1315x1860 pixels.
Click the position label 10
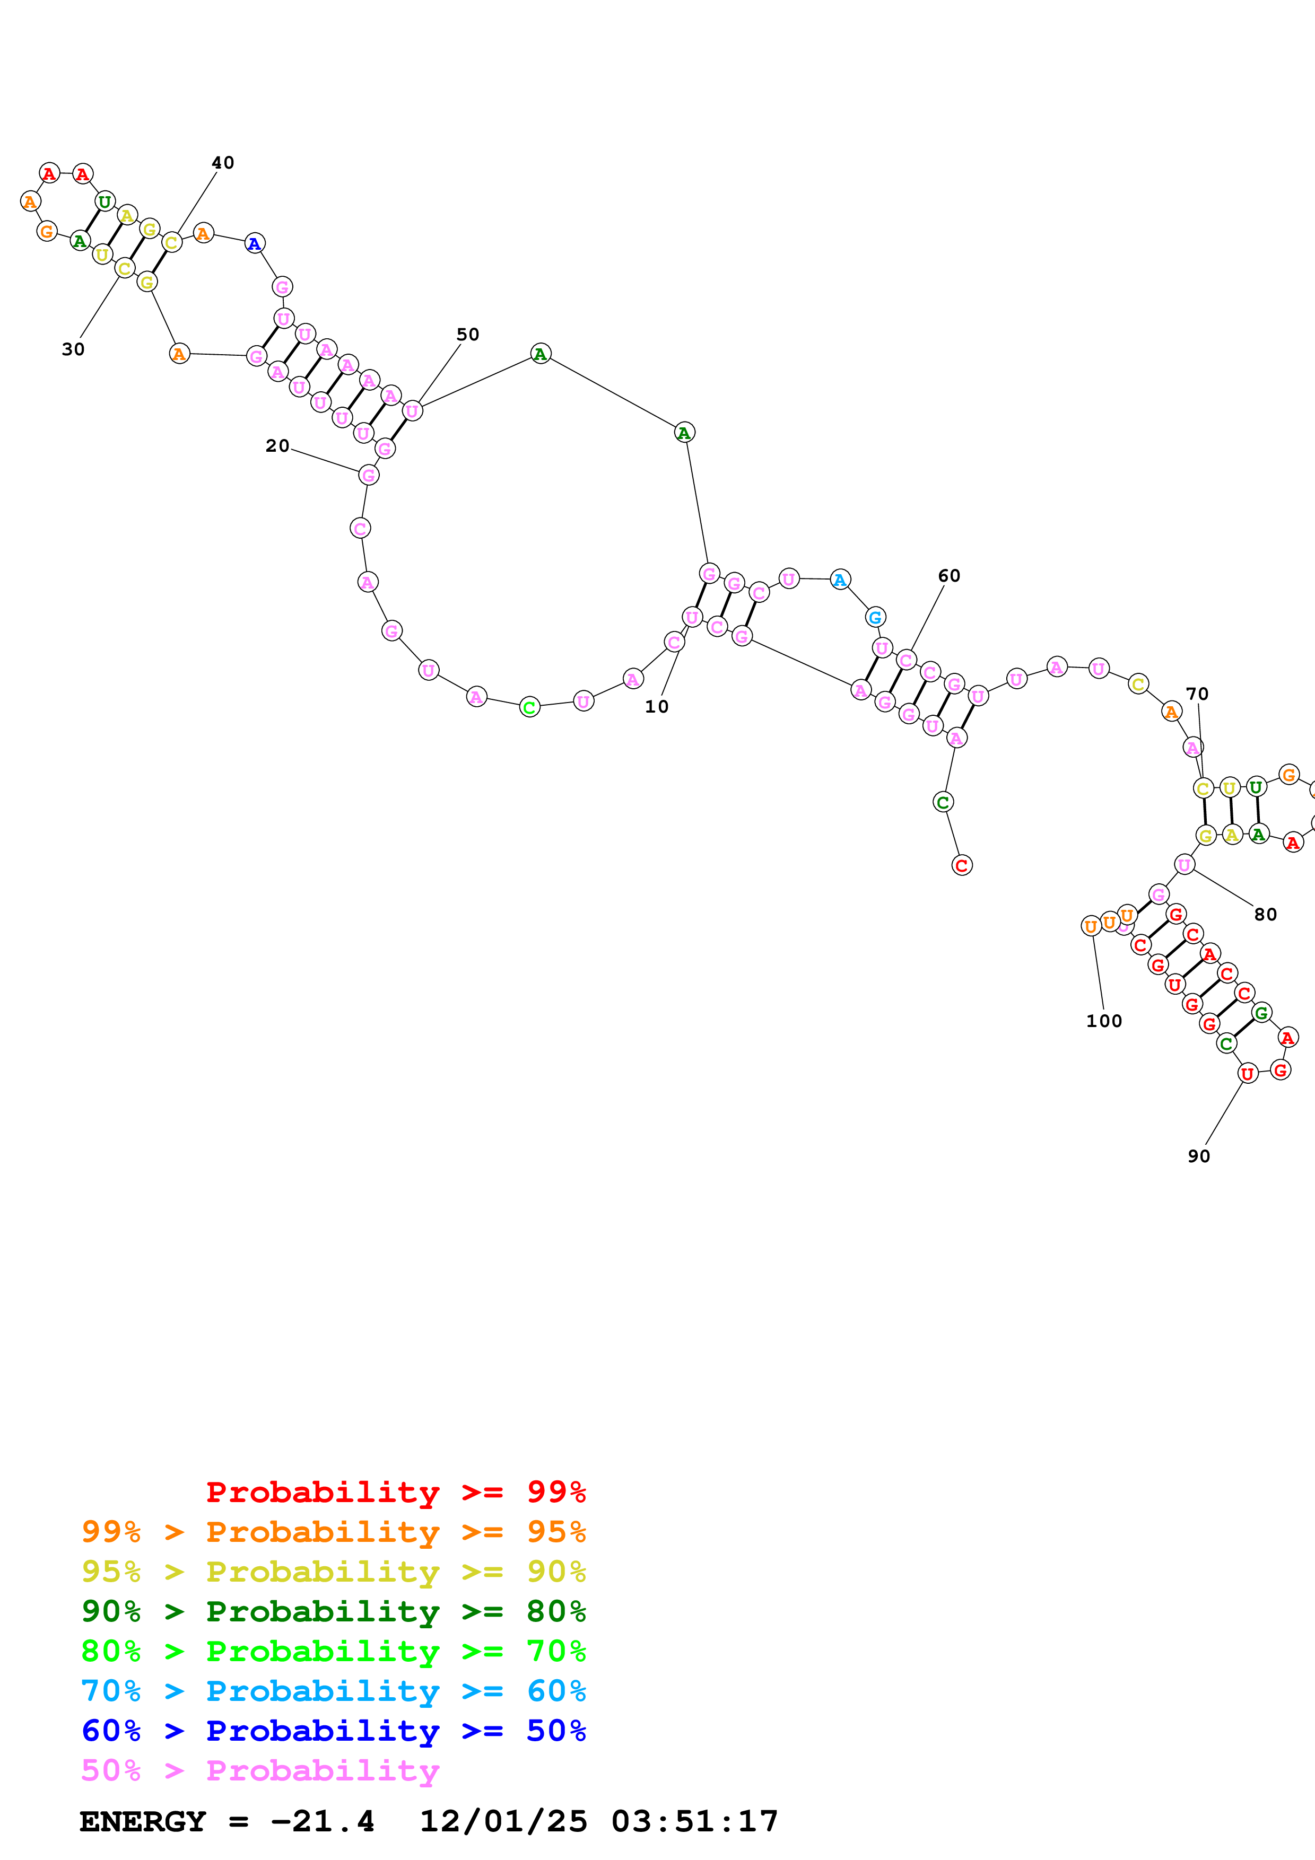[x=656, y=706]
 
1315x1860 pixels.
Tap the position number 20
[x=277, y=445]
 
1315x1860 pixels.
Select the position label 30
[x=73, y=349]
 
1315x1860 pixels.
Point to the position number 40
[x=223, y=163]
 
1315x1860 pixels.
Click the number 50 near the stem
[x=467, y=335]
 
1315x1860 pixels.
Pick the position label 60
[x=949, y=576]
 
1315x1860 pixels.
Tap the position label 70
[x=1197, y=694]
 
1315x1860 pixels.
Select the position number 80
[x=1265, y=915]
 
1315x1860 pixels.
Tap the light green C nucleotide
[x=529, y=707]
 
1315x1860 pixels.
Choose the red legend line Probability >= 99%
[x=395, y=1492]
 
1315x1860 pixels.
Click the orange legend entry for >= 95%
[x=333, y=1532]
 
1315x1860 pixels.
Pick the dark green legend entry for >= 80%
[x=333, y=1611]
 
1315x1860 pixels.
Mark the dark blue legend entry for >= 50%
[x=333, y=1731]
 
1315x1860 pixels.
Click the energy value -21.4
[x=323, y=1821]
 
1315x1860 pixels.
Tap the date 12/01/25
[x=502, y=1821]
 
